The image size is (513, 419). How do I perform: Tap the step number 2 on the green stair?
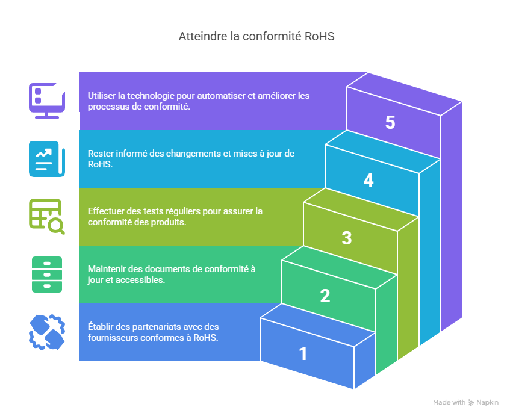pos(325,296)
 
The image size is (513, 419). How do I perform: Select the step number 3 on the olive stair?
pos(347,238)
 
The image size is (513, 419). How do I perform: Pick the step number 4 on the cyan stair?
pos(368,181)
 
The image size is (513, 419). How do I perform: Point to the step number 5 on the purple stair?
pos(390,123)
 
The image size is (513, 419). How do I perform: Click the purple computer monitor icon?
pos(46,101)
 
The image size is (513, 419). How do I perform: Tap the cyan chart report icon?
pos(46,158)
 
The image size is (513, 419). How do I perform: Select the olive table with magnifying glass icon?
pos(46,216)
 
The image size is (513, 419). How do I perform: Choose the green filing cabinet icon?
pos(46,274)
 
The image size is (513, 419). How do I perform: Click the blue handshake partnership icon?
pos(46,332)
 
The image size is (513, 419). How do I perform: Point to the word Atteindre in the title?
pos(201,36)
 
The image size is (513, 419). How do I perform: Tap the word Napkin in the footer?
pos(488,402)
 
